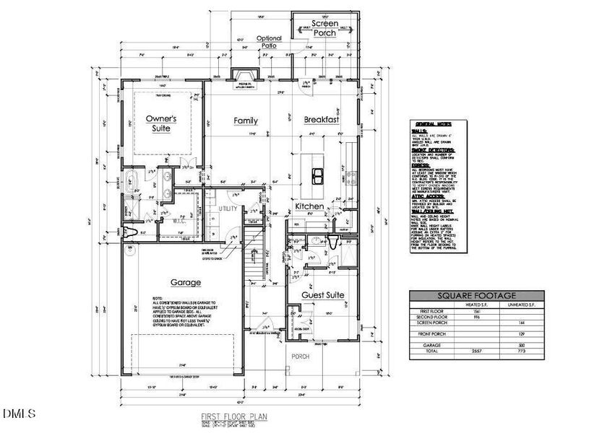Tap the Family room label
tap(245, 121)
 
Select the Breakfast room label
tap(321, 120)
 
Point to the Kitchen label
tap(309, 207)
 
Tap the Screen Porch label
tap(324, 28)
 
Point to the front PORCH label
tap(299, 357)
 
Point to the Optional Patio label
tap(268, 42)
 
